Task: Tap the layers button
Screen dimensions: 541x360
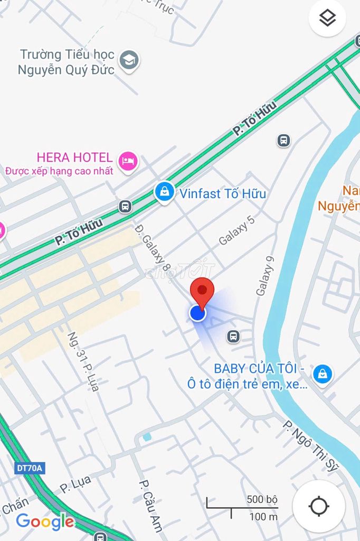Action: click(327, 18)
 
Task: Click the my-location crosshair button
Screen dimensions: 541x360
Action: click(319, 506)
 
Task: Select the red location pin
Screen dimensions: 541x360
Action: click(202, 292)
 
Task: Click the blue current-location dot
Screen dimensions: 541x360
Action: click(197, 313)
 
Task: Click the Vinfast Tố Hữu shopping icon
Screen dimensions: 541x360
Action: click(165, 192)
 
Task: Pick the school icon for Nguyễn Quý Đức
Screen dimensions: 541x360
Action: click(129, 61)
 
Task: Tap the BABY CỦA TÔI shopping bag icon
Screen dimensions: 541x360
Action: click(322, 374)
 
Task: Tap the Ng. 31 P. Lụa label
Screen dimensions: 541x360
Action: click(83, 361)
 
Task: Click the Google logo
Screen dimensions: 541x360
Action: click(45, 521)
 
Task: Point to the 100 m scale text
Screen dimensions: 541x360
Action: click(263, 516)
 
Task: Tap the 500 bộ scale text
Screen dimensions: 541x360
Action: click(261, 499)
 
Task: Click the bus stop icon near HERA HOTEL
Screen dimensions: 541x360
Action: click(126, 206)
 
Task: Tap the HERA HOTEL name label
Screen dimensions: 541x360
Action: click(74, 157)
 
